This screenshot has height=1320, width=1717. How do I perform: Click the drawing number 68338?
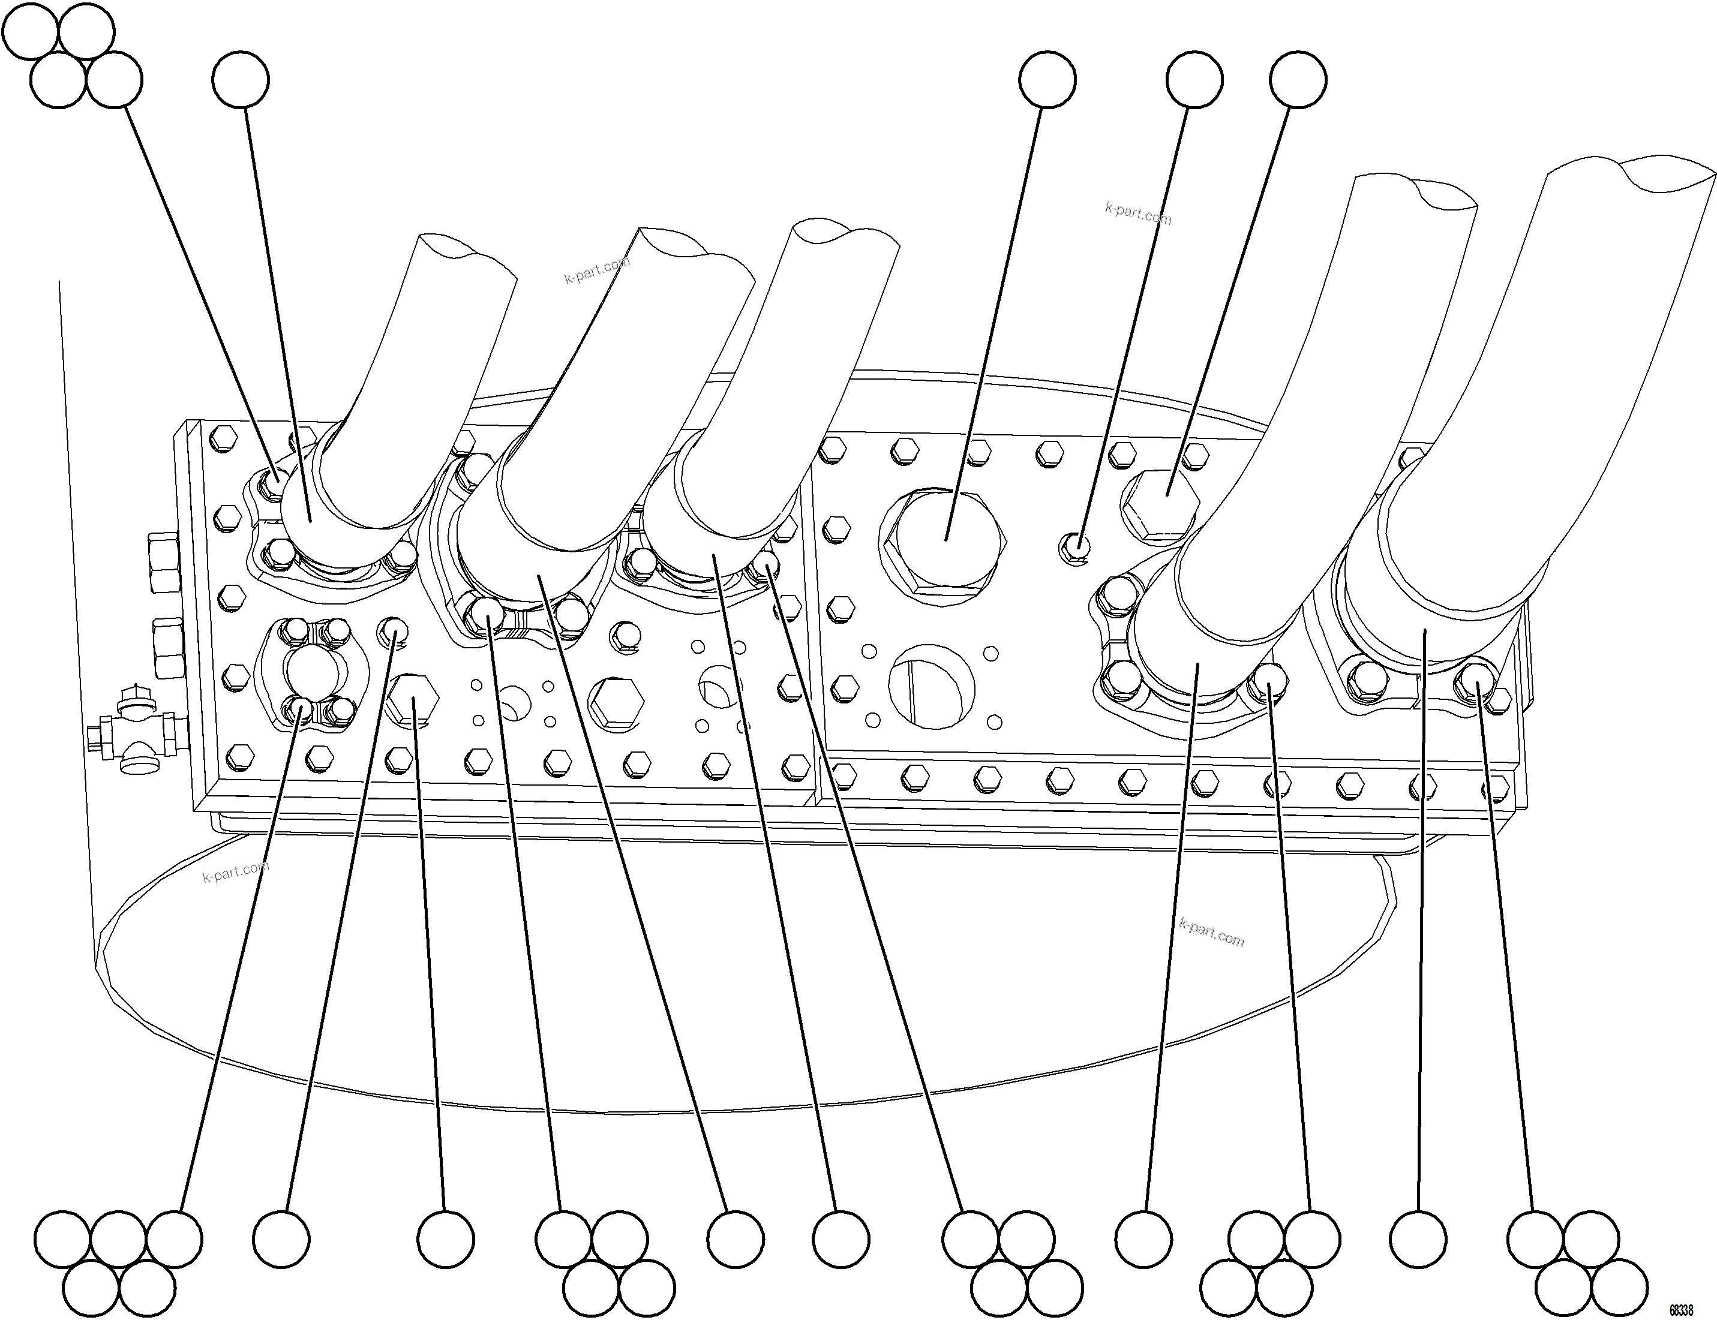coord(1681,1310)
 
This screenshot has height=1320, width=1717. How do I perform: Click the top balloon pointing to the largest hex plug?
coord(1047,79)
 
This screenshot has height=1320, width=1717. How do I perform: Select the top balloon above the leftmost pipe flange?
coord(241,79)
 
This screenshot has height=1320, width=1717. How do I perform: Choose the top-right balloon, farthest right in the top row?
coord(1298,79)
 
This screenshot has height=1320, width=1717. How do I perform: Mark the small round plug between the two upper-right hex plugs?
coord(1076,544)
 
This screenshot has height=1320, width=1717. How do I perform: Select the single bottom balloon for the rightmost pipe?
coord(1418,1239)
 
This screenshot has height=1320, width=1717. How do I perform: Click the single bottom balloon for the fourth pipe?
coord(1143,1239)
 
